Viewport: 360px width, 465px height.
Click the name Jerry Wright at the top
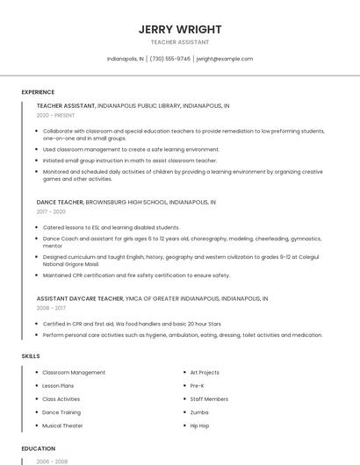tap(180, 29)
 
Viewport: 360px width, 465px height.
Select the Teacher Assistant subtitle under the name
tap(180, 42)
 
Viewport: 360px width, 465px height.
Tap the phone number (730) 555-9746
tap(169, 59)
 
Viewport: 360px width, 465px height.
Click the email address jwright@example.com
tap(224, 59)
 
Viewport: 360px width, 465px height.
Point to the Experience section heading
tap(38, 92)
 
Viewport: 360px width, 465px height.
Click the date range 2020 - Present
tap(55, 115)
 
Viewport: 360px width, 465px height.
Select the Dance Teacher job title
tap(60, 202)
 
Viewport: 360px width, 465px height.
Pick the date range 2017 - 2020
tap(51, 211)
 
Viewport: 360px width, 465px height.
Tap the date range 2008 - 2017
tap(51, 308)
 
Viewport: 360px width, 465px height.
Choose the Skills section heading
tap(30, 356)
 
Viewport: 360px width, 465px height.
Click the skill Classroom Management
tap(74, 373)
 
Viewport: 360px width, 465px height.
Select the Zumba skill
tap(199, 412)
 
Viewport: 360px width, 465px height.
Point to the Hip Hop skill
tap(200, 426)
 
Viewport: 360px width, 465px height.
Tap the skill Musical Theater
tap(62, 426)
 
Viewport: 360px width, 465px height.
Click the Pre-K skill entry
tap(198, 386)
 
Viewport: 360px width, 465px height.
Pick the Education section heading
tap(39, 448)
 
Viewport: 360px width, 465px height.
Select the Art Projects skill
tap(205, 373)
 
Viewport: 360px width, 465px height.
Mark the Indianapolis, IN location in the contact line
tap(125, 59)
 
